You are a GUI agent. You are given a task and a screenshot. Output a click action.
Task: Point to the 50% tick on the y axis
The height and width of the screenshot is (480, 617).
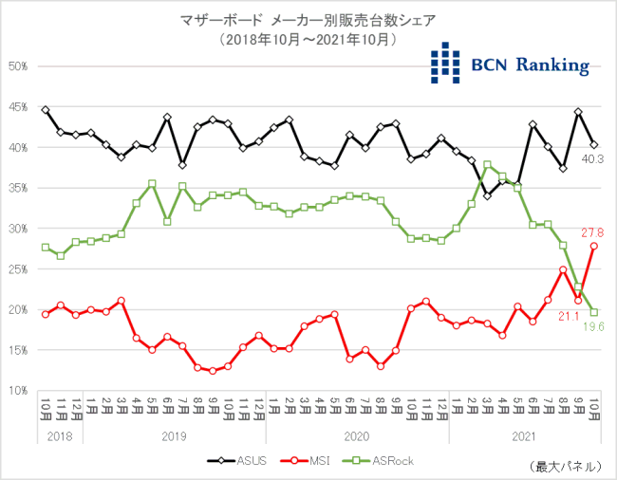click(18, 66)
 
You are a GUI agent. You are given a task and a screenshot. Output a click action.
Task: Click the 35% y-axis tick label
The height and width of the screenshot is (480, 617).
click(18, 188)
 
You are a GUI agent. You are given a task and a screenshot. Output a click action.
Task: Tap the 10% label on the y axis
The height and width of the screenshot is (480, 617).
click(18, 390)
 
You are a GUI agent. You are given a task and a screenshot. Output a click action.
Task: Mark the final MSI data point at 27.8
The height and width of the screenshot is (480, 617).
click(594, 246)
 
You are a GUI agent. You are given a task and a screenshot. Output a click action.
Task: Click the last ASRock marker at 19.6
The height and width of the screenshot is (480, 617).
click(594, 312)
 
